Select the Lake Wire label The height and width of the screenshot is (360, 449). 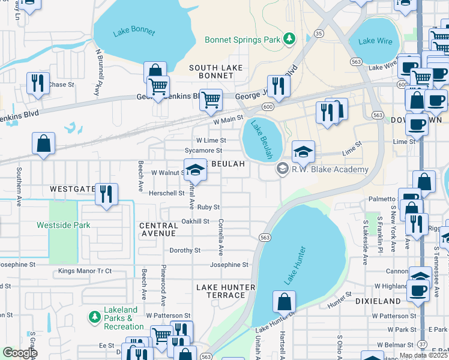pos(375,41)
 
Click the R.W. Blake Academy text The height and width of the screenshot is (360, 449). pos(331,170)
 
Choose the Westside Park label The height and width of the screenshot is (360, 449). pos(63,226)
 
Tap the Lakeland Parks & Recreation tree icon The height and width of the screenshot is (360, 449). pos(94,316)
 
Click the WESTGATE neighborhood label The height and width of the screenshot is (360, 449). pos(73,188)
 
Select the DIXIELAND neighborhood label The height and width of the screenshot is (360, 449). pos(378,301)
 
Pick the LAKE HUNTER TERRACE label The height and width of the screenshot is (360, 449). pos(226,292)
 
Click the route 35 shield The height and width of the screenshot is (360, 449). pos(319,34)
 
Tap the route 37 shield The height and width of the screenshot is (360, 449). pos(423,344)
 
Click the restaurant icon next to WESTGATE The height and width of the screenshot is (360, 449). pos(106,193)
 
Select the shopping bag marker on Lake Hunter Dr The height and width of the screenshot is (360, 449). pos(284,301)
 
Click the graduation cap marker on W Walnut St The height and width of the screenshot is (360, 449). pos(194,170)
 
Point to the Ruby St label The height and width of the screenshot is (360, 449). pos(208,207)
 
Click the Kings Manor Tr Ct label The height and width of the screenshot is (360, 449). pos(85,271)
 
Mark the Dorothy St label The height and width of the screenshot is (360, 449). pos(185,250)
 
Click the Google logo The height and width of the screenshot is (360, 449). pos(20,353)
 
